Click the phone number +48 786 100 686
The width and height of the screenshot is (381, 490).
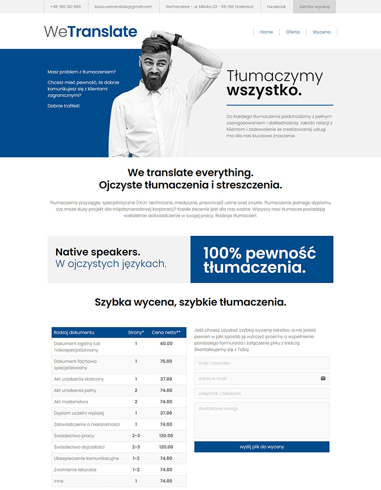click(x=65, y=7)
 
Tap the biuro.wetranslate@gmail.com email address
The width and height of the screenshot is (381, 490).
click(x=123, y=7)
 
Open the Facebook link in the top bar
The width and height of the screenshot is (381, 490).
click(x=276, y=7)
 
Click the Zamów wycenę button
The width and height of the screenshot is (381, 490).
click(x=315, y=7)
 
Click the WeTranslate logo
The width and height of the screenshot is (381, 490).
click(x=90, y=32)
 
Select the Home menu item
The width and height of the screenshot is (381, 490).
click(x=266, y=32)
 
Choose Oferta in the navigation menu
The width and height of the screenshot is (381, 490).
click(x=293, y=32)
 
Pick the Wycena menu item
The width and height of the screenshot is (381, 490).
click(x=321, y=32)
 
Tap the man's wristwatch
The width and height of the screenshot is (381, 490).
click(x=177, y=40)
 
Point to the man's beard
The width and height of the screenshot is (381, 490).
click(x=156, y=81)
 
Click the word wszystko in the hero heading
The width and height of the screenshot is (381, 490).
click(x=264, y=90)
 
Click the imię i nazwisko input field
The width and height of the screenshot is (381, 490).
click(x=261, y=363)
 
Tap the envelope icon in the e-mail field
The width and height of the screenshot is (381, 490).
click(x=323, y=378)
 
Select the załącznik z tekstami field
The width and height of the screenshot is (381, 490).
click(x=261, y=393)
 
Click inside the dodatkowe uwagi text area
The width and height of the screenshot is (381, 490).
click(x=261, y=420)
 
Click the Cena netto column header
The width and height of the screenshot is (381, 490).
click(x=166, y=332)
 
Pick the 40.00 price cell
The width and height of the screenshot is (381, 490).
click(x=166, y=344)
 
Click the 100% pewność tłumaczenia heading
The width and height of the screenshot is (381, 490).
click(x=260, y=260)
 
